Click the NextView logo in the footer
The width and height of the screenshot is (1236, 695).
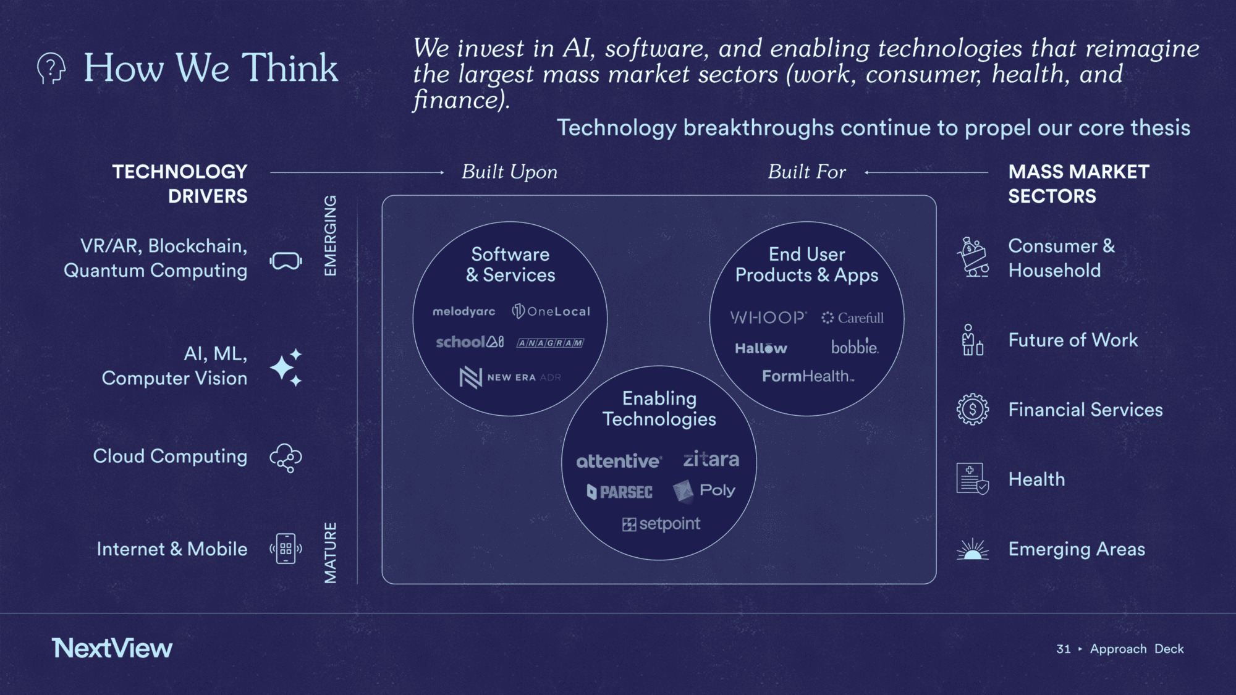[x=112, y=648]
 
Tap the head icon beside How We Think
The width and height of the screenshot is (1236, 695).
[x=51, y=68]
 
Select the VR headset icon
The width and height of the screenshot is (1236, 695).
[x=286, y=261]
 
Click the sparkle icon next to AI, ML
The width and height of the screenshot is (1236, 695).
[x=286, y=367]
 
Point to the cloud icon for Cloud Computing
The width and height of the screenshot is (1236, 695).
[x=286, y=458]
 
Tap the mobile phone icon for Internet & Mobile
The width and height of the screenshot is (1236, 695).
[x=286, y=549]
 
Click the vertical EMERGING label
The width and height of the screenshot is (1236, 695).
[x=331, y=235]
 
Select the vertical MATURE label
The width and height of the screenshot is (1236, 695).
[x=331, y=552]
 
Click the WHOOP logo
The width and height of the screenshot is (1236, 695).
[x=768, y=318]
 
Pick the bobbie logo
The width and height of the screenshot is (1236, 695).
[x=855, y=346]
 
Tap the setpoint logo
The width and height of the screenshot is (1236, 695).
[x=661, y=524]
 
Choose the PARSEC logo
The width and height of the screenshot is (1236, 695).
[x=619, y=492]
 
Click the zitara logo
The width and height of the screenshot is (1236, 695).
[x=711, y=459]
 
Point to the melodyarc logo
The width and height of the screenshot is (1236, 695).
[x=463, y=311]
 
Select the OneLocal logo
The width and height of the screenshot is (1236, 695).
[x=551, y=311]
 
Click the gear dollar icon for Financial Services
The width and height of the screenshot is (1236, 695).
[x=972, y=409]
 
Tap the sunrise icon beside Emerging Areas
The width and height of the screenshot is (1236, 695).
[x=972, y=549]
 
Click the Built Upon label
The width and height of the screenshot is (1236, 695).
[x=509, y=172]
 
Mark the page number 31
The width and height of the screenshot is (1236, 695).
[x=1063, y=649]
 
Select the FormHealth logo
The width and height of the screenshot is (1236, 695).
[x=808, y=376]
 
